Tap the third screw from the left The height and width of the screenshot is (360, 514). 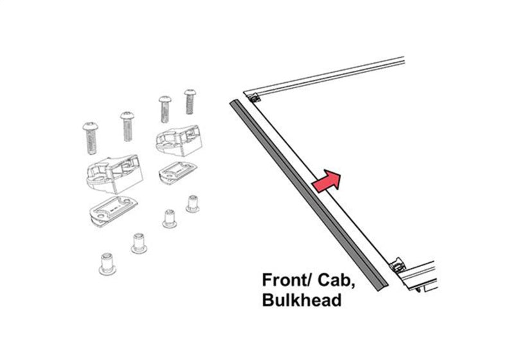pyautogui.click(x=164, y=110)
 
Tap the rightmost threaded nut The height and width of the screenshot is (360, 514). pyautogui.click(x=192, y=203)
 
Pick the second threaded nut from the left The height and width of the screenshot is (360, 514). pyautogui.click(x=138, y=243)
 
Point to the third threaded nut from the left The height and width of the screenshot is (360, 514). pyautogui.click(x=170, y=218)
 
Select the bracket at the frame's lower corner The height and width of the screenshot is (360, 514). pyautogui.click(x=396, y=263)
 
